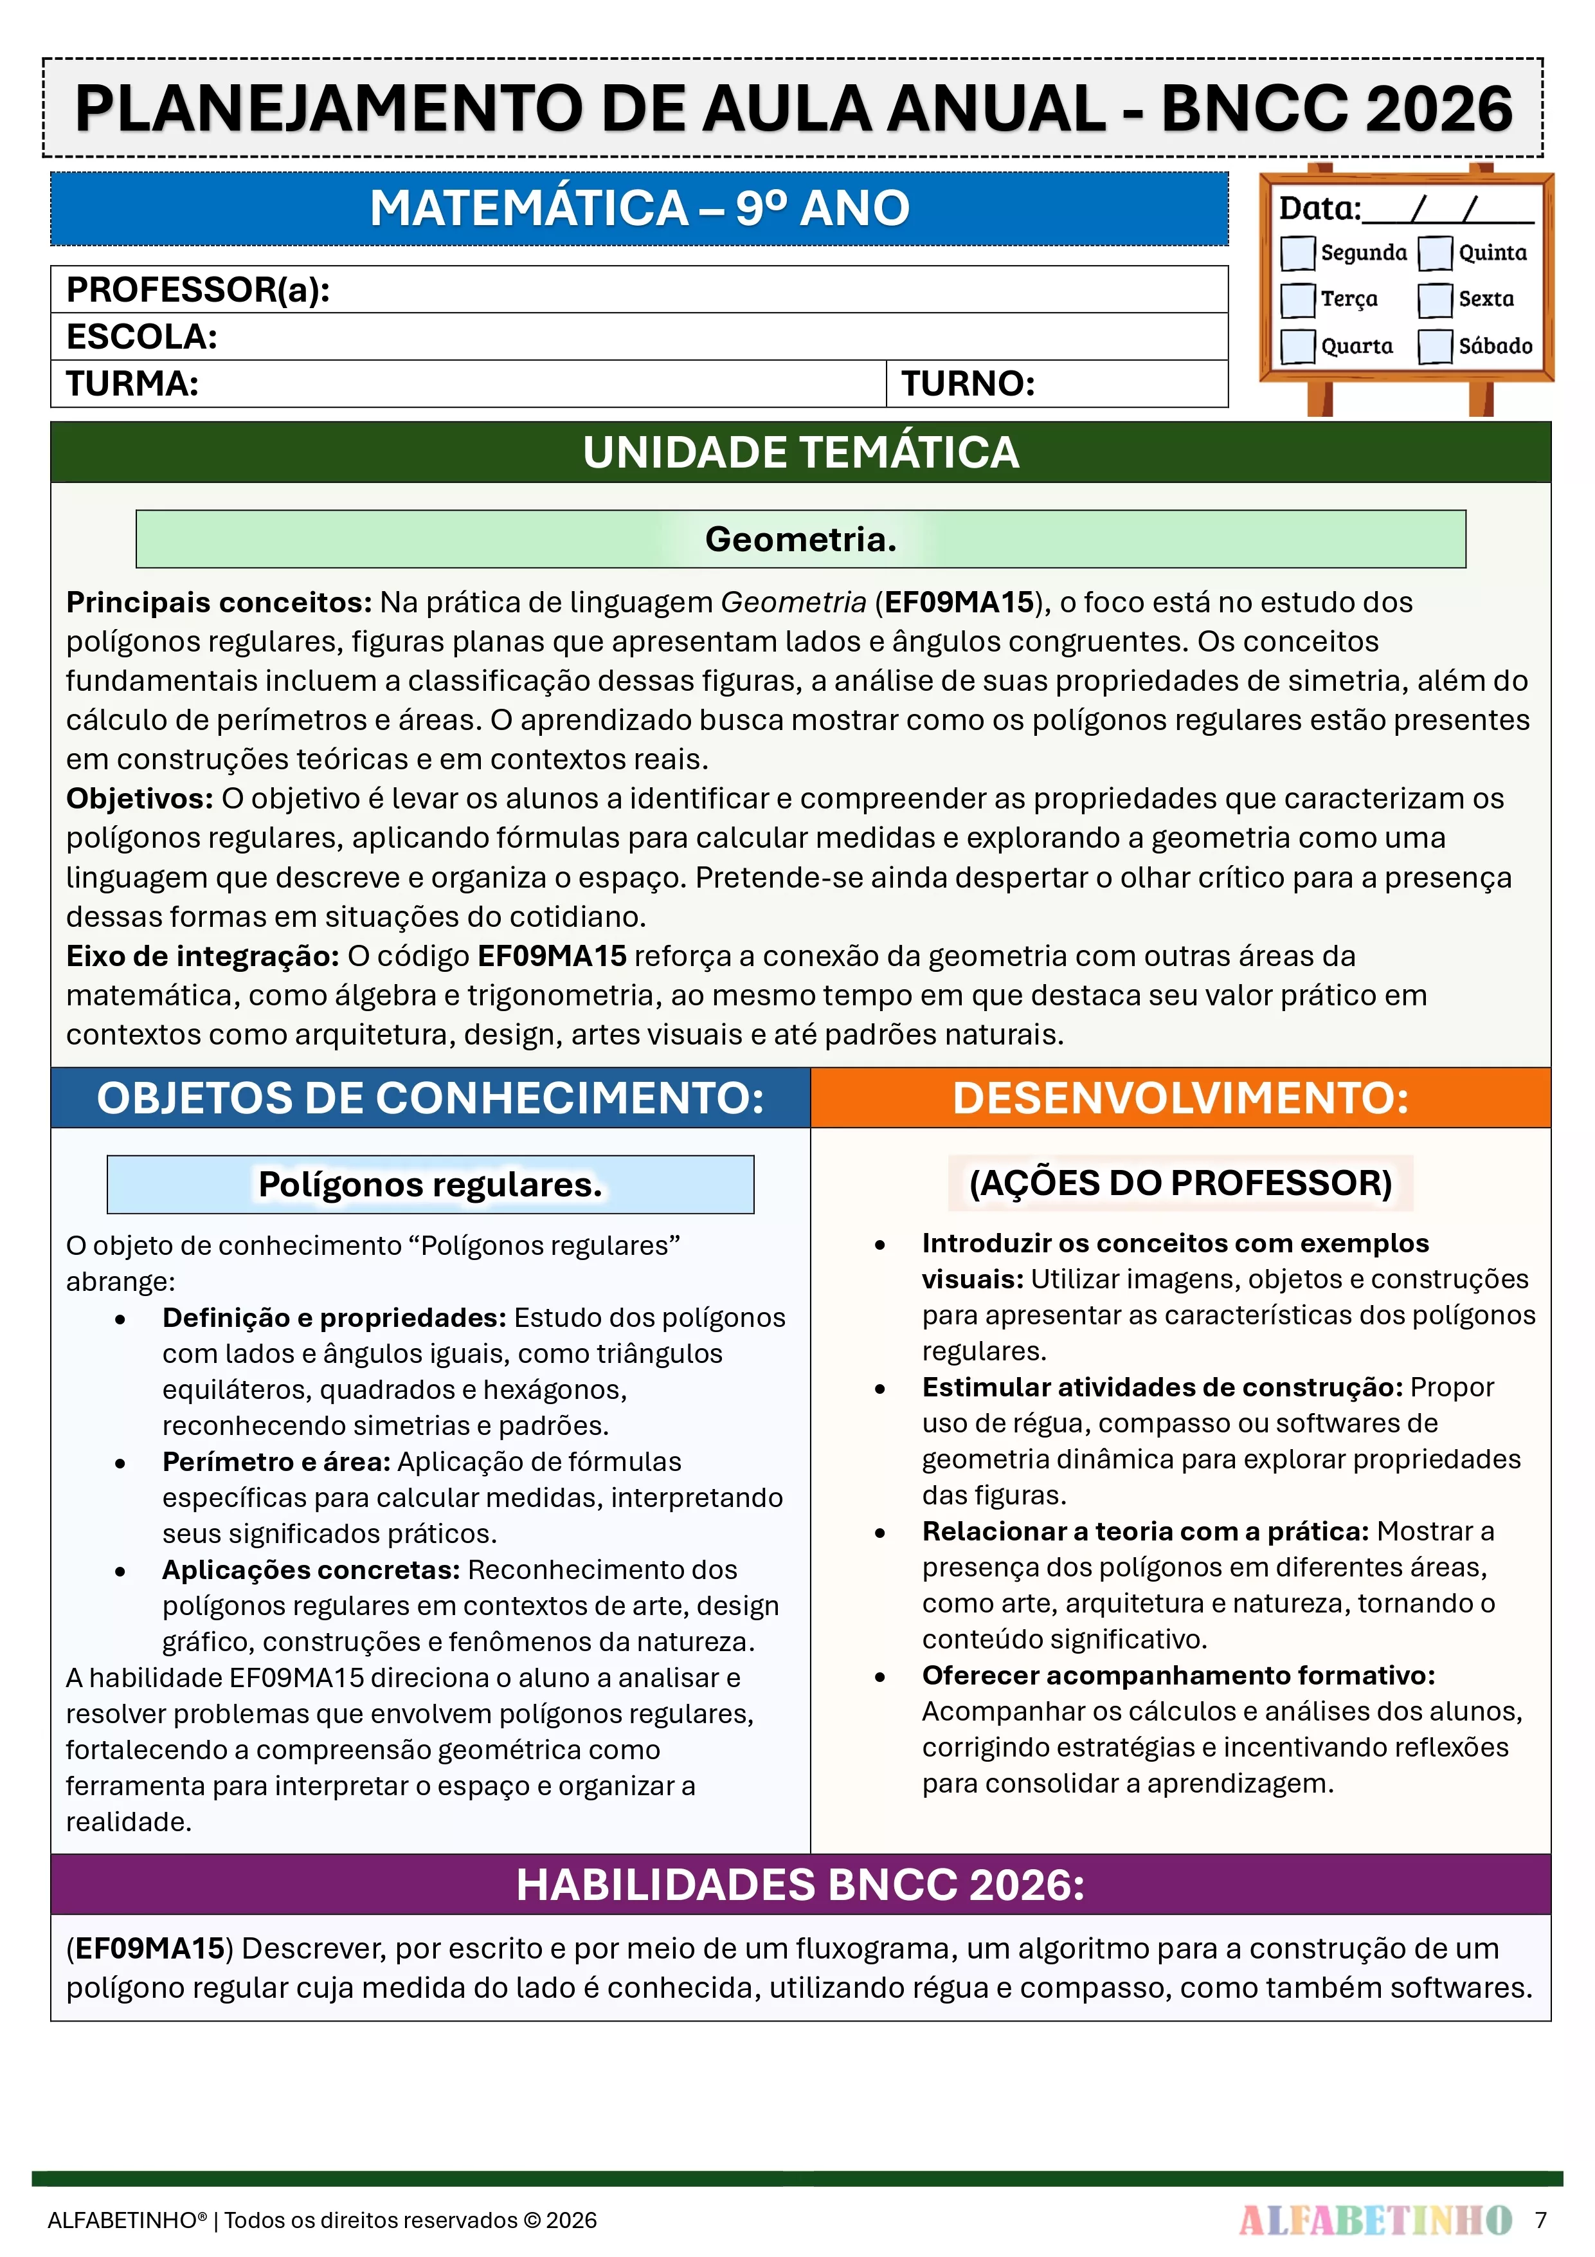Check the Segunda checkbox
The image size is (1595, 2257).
(1297, 253)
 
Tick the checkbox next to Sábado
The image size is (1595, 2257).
(1435, 346)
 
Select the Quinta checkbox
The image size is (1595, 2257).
(1435, 253)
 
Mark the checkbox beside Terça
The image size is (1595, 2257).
(1297, 300)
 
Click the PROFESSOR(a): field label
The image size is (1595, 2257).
(197, 290)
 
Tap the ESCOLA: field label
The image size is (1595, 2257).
(141, 337)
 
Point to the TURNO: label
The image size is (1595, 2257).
(968, 383)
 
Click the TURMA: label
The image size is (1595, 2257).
(132, 383)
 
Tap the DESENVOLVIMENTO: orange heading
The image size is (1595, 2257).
(1180, 1098)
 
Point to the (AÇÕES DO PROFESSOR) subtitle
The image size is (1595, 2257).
(1180, 1183)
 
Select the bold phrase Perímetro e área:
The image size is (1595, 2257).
(276, 1462)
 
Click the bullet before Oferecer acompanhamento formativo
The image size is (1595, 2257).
(879, 1677)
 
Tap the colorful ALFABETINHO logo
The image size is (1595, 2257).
(1375, 2220)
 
